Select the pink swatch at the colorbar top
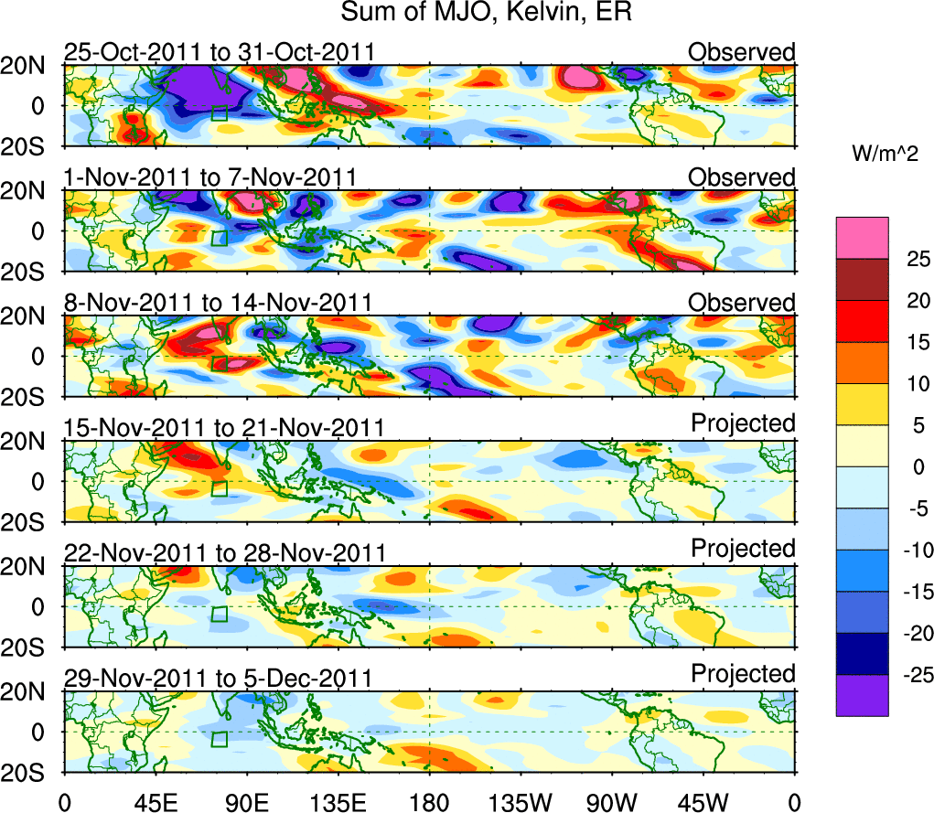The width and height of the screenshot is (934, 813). point(862,238)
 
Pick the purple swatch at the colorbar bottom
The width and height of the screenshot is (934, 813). point(862,695)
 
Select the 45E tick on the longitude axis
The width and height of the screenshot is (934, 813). point(155,802)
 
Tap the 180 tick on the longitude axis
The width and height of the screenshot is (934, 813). point(429,802)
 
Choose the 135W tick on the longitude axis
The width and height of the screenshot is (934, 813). point(521,802)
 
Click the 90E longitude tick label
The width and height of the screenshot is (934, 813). point(246,802)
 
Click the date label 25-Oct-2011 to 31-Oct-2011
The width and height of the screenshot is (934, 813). point(219,51)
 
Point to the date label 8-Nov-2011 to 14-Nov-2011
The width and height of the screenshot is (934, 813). point(218,302)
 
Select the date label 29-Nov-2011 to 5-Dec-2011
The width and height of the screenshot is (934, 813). point(218,678)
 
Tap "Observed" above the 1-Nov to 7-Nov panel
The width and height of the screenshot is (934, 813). point(742,177)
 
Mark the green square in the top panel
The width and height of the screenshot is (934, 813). point(219,113)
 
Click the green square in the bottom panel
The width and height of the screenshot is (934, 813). point(219,739)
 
